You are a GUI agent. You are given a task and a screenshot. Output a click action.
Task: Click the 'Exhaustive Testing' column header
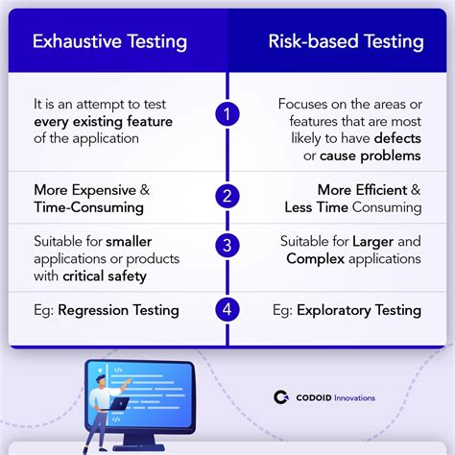[109, 41]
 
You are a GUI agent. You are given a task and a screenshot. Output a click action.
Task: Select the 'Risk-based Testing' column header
[347, 41]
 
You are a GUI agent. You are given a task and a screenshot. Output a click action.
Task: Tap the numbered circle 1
[227, 114]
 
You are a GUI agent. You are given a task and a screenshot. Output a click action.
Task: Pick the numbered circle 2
[227, 197]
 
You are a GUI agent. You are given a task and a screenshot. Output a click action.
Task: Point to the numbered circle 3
[227, 245]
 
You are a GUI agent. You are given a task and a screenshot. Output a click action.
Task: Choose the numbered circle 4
[227, 310]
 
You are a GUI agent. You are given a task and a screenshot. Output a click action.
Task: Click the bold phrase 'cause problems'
[370, 156]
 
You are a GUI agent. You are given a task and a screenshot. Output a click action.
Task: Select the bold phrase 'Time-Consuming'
[88, 207]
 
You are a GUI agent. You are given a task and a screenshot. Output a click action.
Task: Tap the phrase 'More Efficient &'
[369, 190]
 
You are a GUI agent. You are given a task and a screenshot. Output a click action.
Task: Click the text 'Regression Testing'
[118, 310]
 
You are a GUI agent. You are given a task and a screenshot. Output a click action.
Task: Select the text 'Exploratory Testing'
[359, 310]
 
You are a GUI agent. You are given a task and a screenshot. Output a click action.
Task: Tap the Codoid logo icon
[281, 397]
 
